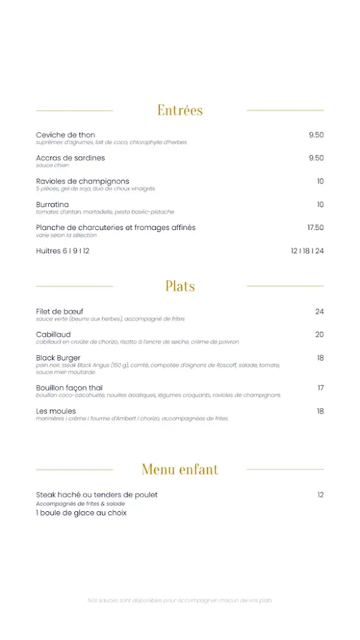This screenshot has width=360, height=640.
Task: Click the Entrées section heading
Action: click(x=180, y=111)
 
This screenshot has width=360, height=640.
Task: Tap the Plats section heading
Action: click(x=180, y=286)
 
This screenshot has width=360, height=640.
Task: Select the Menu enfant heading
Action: click(x=180, y=469)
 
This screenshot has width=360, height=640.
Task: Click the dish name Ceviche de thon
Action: click(x=66, y=135)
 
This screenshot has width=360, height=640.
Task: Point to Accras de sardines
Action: click(x=71, y=158)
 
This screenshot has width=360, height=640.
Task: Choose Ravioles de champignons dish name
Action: click(x=82, y=181)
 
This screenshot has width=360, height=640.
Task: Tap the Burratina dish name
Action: click(x=52, y=204)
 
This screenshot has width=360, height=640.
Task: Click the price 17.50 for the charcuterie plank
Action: click(x=315, y=227)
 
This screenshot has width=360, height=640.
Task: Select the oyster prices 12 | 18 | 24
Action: click(x=307, y=251)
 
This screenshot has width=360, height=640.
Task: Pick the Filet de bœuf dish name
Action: click(x=59, y=311)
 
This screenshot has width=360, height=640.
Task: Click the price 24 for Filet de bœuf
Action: click(x=319, y=311)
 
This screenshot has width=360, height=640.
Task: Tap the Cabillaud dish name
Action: click(x=53, y=334)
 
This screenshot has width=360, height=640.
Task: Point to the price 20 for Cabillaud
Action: click(x=319, y=334)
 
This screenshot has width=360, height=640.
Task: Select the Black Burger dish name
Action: click(x=58, y=357)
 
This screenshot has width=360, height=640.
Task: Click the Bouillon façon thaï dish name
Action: click(x=73, y=387)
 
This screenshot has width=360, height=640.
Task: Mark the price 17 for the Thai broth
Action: click(x=320, y=387)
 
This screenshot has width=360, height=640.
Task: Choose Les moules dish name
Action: click(x=56, y=411)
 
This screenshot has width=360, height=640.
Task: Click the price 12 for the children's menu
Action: click(x=320, y=495)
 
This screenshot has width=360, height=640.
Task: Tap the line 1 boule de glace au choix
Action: click(x=81, y=512)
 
